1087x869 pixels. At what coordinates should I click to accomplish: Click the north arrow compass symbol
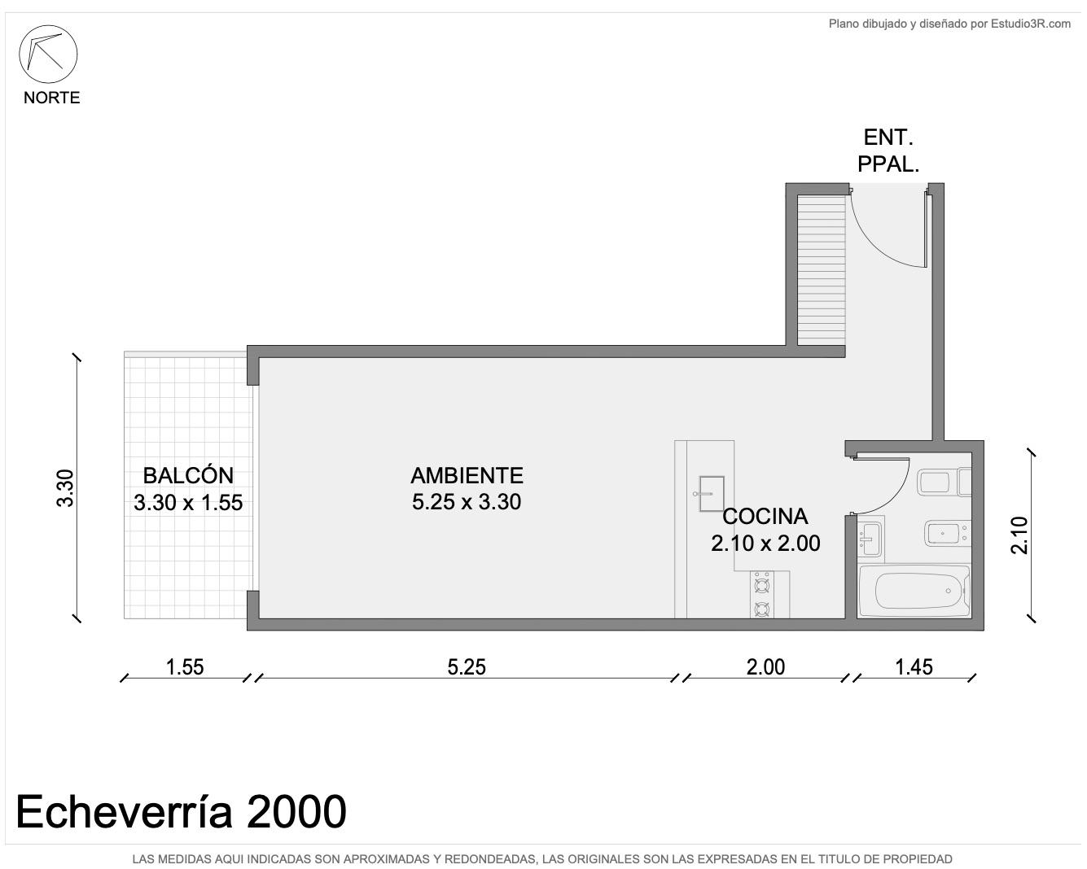[48, 54]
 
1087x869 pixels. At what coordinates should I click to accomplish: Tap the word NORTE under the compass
[52, 98]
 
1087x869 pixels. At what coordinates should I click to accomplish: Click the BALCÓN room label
[188, 476]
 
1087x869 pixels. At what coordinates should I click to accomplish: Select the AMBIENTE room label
[467, 476]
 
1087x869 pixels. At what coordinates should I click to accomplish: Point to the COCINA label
[765, 516]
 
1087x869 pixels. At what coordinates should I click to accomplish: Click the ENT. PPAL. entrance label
[888, 151]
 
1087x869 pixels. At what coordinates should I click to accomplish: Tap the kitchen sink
[711, 493]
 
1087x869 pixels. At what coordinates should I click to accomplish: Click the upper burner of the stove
[761, 586]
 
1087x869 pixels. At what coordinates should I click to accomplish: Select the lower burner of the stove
[761, 609]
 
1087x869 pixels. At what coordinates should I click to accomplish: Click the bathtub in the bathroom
[914, 591]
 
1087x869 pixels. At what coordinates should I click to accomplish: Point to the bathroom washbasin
[870, 539]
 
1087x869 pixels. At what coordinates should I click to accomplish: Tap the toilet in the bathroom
[944, 483]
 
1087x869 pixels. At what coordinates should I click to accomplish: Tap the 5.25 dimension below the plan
[467, 667]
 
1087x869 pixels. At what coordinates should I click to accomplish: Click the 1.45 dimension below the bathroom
[914, 667]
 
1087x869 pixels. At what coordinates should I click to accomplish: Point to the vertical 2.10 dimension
[1019, 535]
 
